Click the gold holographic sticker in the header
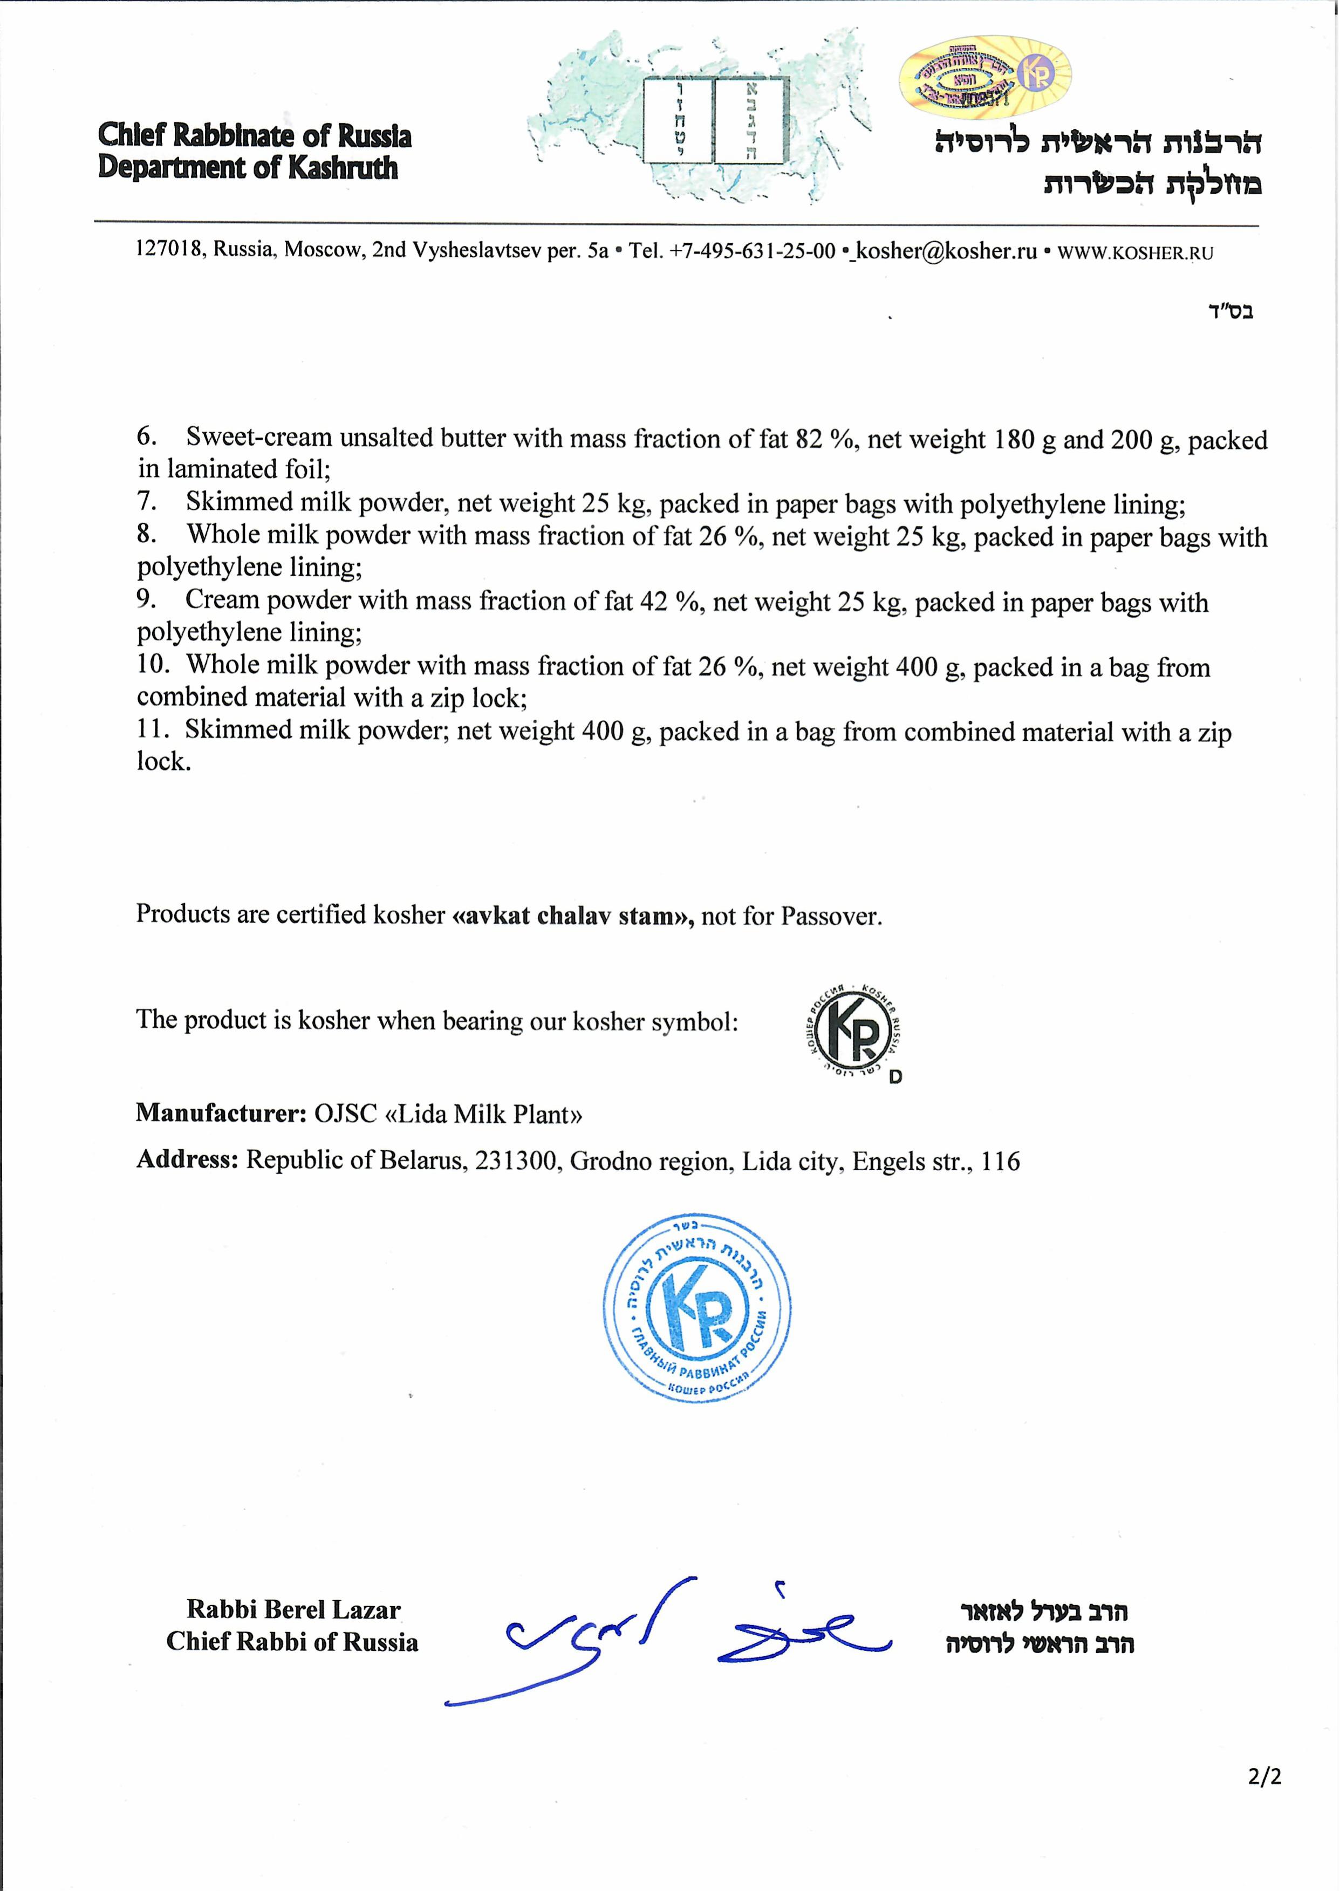click(x=985, y=77)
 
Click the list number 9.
click(x=146, y=600)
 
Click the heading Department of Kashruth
click(x=248, y=167)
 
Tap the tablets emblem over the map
click(x=715, y=120)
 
